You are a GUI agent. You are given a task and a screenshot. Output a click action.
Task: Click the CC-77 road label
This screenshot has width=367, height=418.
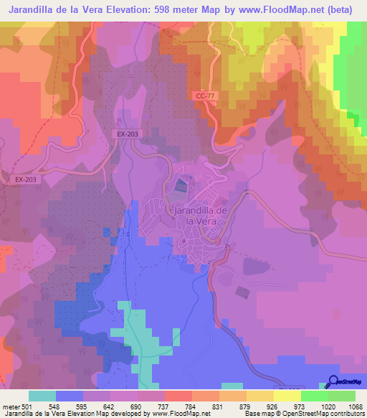pyautogui.click(x=205, y=96)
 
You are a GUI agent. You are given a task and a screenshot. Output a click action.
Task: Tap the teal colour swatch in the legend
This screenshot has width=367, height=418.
pyautogui.click(x=42, y=395)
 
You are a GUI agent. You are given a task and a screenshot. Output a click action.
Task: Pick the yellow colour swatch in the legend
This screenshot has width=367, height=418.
pyautogui.click(x=287, y=395)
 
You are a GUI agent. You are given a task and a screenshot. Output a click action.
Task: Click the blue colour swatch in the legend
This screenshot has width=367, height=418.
pyautogui.click(x=70, y=395)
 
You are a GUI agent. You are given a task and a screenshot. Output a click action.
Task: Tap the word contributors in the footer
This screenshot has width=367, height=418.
pyautogui.click(x=345, y=413)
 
